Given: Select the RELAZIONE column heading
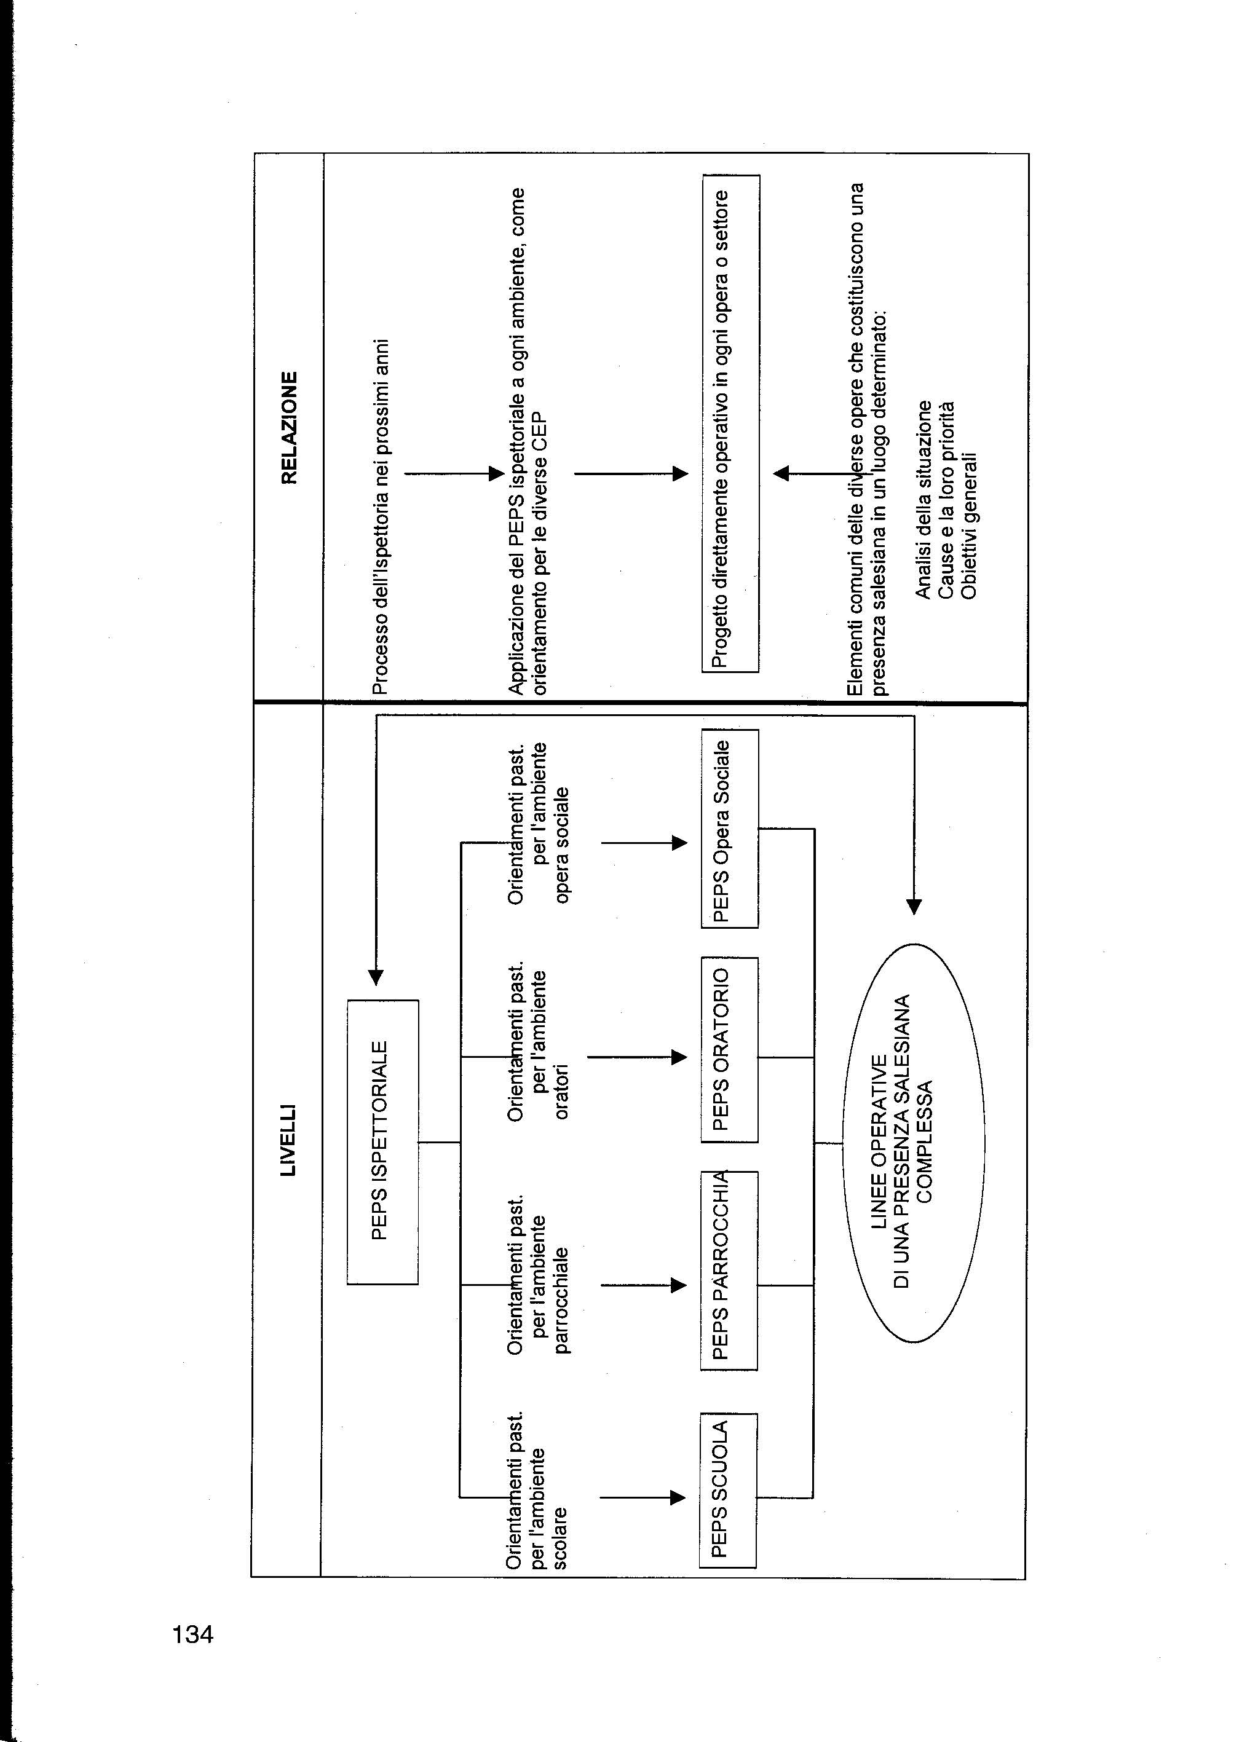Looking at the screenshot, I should pyautogui.click(x=290, y=427).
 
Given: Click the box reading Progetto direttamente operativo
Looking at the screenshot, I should pyautogui.click(x=730, y=424).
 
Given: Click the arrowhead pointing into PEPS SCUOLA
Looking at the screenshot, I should pyautogui.click(x=678, y=1497).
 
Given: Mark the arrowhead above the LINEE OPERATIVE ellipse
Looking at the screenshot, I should pyautogui.click(x=914, y=906).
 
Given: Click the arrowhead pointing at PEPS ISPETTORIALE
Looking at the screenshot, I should pyautogui.click(x=376, y=977).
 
